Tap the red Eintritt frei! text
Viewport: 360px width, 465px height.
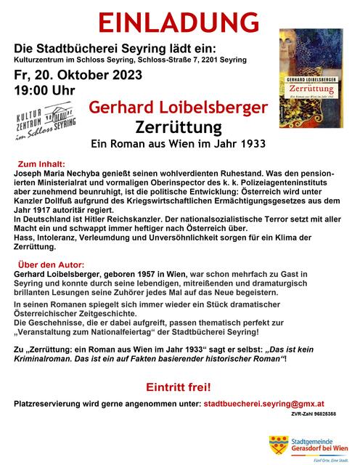coord(179,384)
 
